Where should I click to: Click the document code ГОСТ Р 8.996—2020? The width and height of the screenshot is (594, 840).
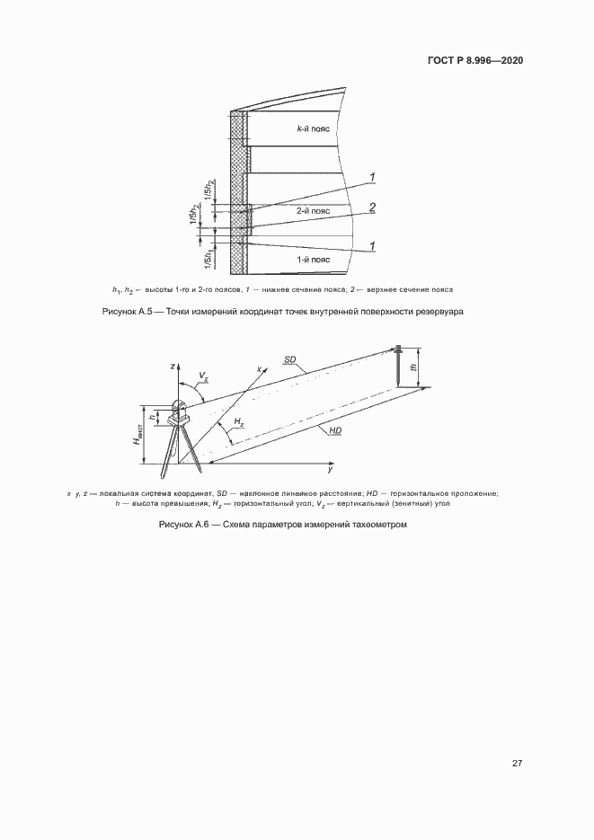[x=473, y=60]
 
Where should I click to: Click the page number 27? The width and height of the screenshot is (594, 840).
[x=518, y=763]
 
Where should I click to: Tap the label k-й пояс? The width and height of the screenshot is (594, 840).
[x=314, y=128]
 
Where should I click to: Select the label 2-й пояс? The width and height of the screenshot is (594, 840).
[x=314, y=211]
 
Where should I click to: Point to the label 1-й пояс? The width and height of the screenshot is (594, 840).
[x=314, y=260]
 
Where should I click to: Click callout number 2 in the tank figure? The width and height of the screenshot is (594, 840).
[x=372, y=208]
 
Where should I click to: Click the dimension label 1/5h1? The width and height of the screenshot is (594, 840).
[x=210, y=258]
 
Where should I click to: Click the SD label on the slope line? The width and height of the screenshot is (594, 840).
[x=290, y=359]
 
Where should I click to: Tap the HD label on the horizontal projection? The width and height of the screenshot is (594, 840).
[x=334, y=432]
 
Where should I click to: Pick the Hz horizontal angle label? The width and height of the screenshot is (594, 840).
[x=238, y=422]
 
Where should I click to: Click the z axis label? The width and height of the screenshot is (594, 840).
[x=172, y=367]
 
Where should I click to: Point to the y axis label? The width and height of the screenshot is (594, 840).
[x=330, y=470]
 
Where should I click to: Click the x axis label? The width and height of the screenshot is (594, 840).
[x=259, y=369]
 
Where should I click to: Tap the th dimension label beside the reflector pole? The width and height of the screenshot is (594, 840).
[x=414, y=366]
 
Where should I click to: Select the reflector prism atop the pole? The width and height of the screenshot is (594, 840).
[x=396, y=349]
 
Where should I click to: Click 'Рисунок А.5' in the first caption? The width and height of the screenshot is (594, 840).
[x=132, y=312]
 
